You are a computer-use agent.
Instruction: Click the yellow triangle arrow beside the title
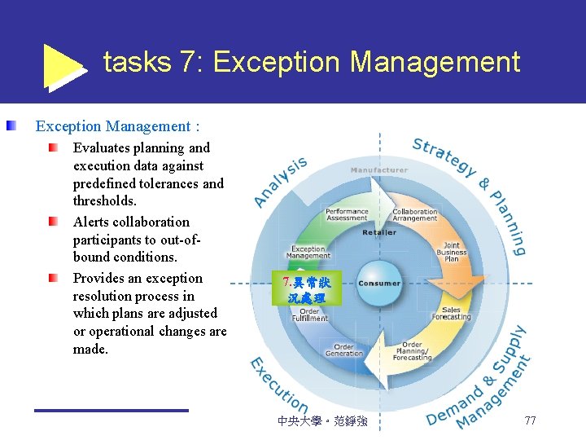coord(63,66)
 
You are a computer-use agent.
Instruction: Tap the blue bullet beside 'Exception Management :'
coord(12,126)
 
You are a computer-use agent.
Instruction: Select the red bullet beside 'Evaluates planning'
coord(53,148)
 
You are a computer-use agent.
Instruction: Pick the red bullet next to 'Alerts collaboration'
coord(53,222)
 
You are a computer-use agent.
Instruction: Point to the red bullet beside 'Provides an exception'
coord(53,279)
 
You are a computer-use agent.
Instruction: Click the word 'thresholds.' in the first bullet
coord(105,200)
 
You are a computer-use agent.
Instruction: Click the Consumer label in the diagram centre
coord(378,284)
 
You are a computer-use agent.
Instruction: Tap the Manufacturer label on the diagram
coord(378,170)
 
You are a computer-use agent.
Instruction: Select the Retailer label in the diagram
coord(379,232)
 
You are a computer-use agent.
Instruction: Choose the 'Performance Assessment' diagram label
coord(347,215)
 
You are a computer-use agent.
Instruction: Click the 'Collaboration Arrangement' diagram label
coord(414,215)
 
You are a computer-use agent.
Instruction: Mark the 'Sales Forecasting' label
coord(451,313)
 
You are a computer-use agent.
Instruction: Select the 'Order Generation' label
coord(344,350)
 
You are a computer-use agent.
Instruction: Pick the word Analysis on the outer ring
coord(281,181)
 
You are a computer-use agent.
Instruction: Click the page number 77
coord(530,420)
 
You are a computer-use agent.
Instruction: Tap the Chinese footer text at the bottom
coord(322,421)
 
